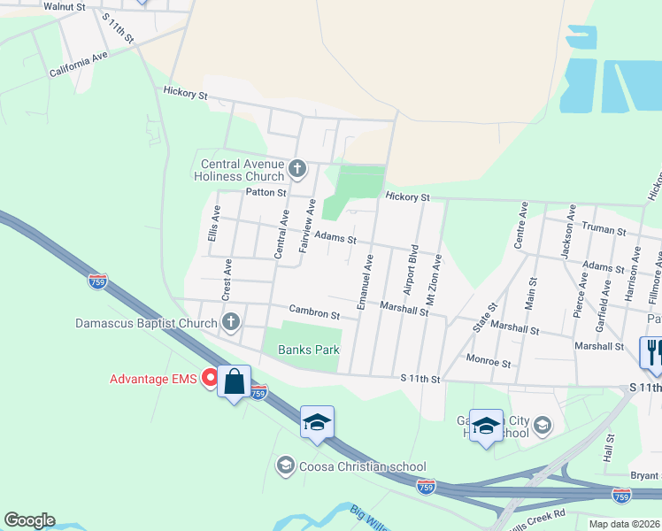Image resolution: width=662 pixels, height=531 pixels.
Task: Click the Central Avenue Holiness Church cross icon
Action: click(x=298, y=167)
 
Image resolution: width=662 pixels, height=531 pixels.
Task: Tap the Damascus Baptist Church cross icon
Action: click(x=231, y=321)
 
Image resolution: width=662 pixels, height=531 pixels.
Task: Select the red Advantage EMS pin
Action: click(x=211, y=379)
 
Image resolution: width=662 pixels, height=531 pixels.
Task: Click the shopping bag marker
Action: click(x=234, y=382)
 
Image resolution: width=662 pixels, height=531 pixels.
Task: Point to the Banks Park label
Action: click(x=310, y=350)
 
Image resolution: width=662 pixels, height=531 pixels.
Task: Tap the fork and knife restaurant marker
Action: click(x=652, y=352)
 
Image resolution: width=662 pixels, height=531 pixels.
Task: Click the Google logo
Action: click(x=29, y=520)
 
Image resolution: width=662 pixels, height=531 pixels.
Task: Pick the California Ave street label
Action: click(x=78, y=64)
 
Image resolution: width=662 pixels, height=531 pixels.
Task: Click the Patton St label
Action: click(x=266, y=192)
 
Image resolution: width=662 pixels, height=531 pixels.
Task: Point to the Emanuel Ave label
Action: click(x=364, y=281)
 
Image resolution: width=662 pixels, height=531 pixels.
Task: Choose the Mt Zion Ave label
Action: click(x=435, y=281)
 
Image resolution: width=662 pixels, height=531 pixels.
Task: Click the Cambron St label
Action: click(x=314, y=313)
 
